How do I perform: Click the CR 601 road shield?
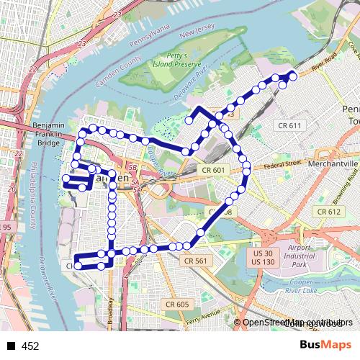pos(214,170)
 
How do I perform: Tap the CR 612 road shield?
pos(328,212)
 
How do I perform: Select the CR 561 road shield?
pos(195,261)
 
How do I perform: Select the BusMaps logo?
pos(325,345)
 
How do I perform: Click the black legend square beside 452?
pos(10,346)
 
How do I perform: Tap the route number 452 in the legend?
pos(30,346)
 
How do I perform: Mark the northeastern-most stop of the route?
pos(293,75)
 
